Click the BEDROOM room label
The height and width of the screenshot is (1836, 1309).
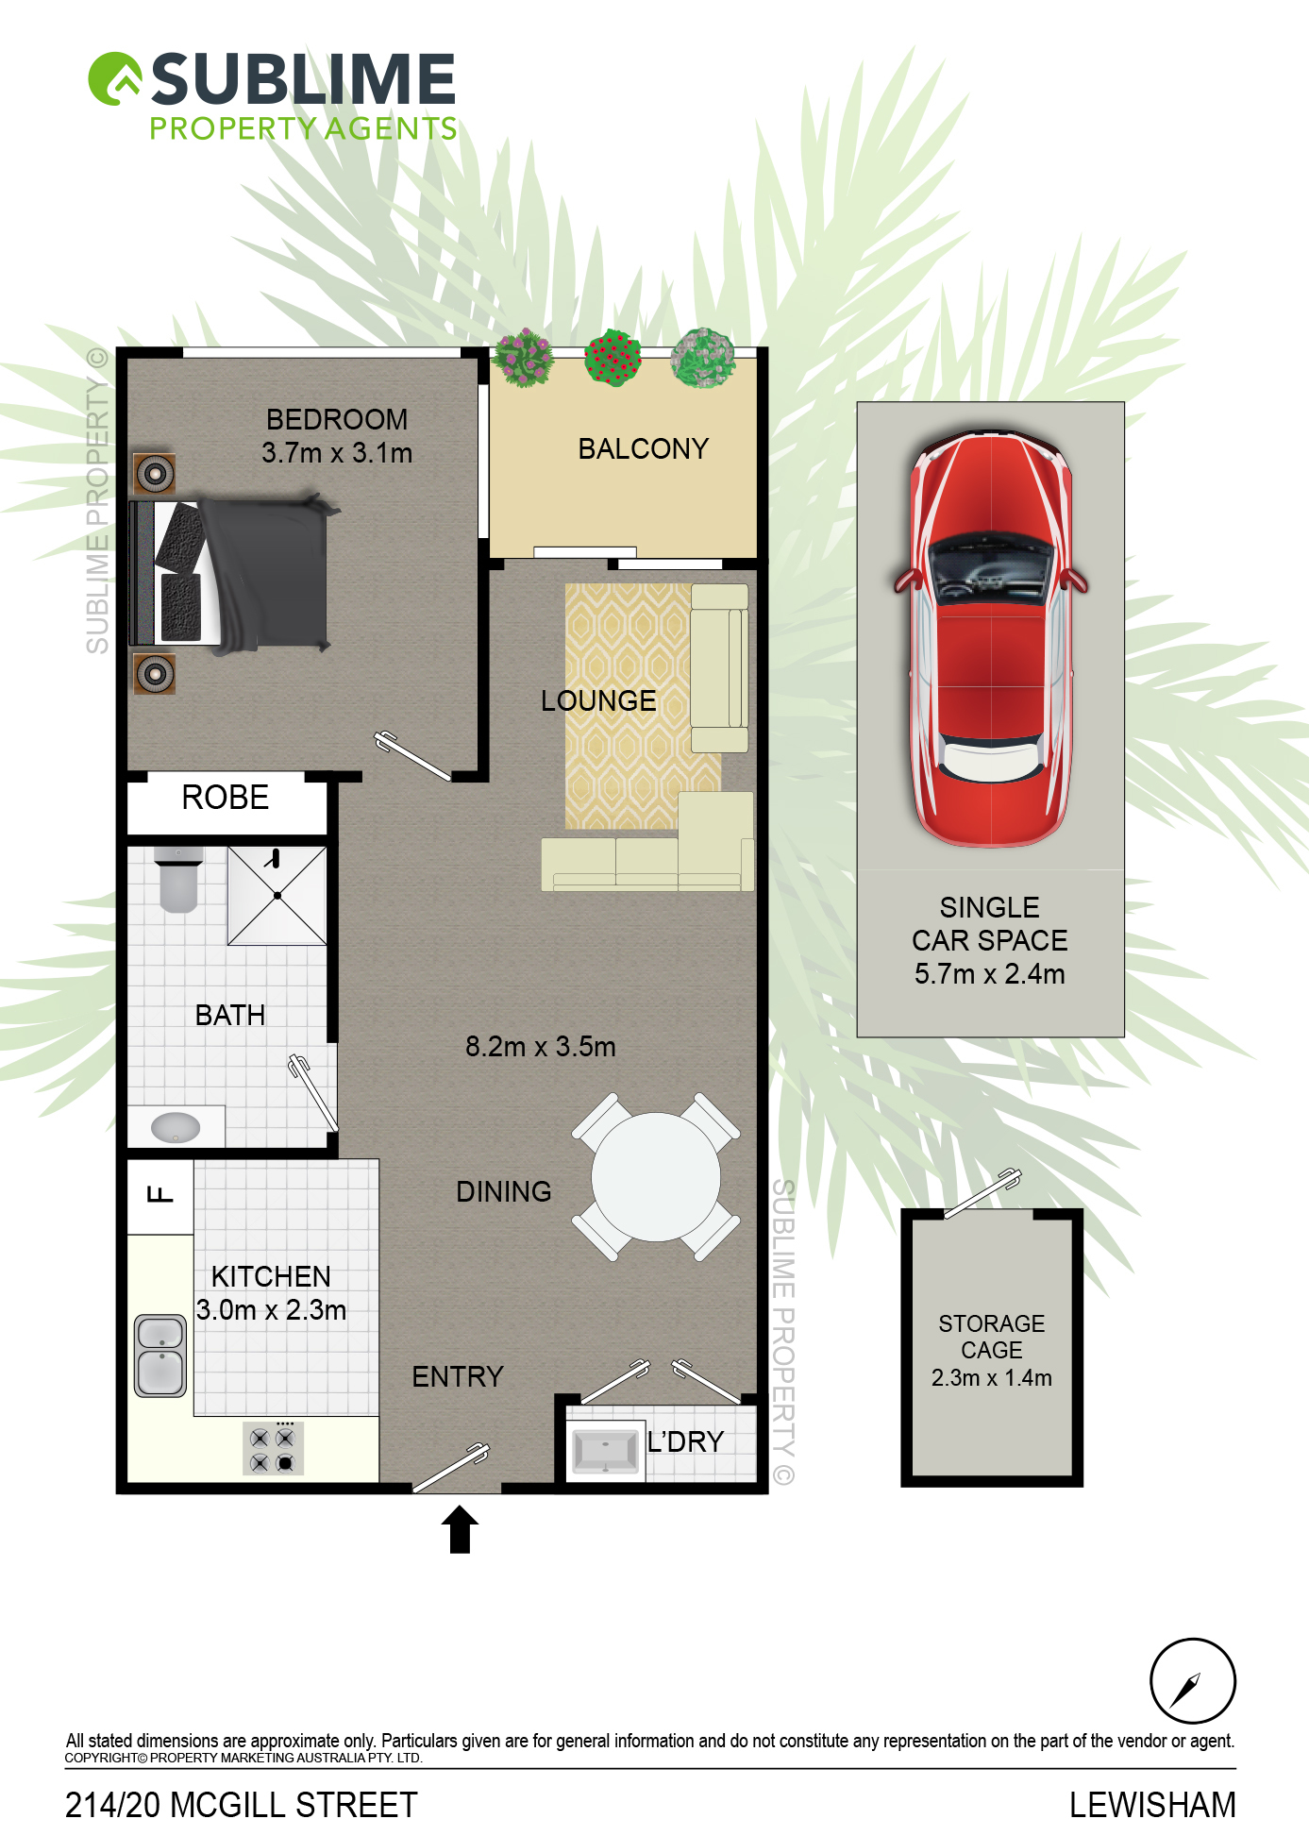click(x=337, y=419)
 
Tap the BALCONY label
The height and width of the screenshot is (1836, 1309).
click(x=643, y=448)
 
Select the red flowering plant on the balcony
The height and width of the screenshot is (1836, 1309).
click(x=613, y=357)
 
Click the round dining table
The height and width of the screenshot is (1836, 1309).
click(x=656, y=1177)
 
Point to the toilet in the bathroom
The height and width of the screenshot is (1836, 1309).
click(x=178, y=879)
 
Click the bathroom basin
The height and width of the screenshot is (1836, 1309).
click(x=176, y=1127)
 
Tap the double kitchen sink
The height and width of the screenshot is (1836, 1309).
click(x=160, y=1356)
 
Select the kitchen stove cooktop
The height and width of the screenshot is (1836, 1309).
click(x=273, y=1449)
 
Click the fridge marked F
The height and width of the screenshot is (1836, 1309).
click(x=160, y=1196)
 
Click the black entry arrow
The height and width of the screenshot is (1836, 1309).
click(x=460, y=1529)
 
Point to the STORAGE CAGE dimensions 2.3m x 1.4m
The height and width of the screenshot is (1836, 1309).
click(x=991, y=1378)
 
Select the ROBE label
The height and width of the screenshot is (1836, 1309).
click(x=226, y=798)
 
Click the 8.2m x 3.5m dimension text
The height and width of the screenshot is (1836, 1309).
click(x=540, y=1046)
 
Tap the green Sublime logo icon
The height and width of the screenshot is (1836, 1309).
click(x=115, y=78)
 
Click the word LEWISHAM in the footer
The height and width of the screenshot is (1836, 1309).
click(x=1152, y=1805)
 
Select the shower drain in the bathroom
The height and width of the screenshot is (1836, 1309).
click(x=277, y=895)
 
